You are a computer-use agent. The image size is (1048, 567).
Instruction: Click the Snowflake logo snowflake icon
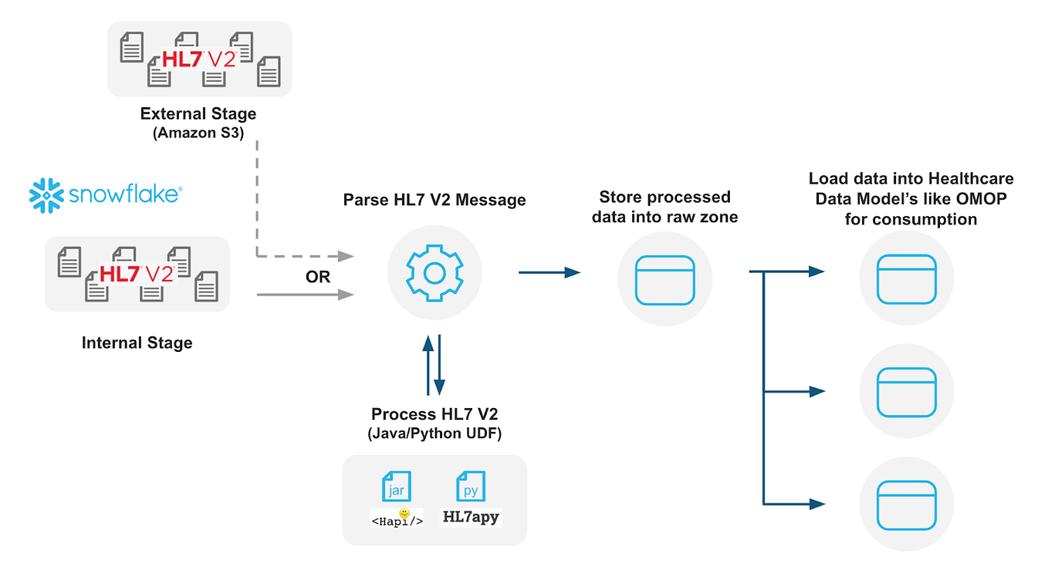point(46,194)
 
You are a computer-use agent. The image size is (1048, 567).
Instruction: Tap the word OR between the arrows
point(318,277)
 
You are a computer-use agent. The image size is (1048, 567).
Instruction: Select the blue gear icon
point(434,273)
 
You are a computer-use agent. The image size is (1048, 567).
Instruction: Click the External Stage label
point(198,114)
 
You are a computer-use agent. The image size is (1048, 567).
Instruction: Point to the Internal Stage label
point(137,343)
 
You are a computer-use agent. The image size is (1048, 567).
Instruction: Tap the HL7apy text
point(471,518)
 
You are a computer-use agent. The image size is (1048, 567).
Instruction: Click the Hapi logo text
point(397,520)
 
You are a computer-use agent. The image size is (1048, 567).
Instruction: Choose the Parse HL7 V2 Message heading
point(434,201)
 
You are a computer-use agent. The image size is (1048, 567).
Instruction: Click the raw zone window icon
point(665,279)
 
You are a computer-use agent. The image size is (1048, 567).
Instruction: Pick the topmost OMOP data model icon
point(908,278)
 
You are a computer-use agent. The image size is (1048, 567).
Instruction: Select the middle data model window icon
point(908,391)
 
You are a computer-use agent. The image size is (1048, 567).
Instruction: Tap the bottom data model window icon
point(908,503)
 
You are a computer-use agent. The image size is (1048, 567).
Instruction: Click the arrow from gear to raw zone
point(549,272)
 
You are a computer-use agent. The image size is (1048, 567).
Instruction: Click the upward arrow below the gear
point(428,363)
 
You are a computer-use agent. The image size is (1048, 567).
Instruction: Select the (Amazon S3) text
point(198,133)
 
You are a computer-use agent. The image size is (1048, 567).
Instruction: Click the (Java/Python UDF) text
point(434,434)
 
